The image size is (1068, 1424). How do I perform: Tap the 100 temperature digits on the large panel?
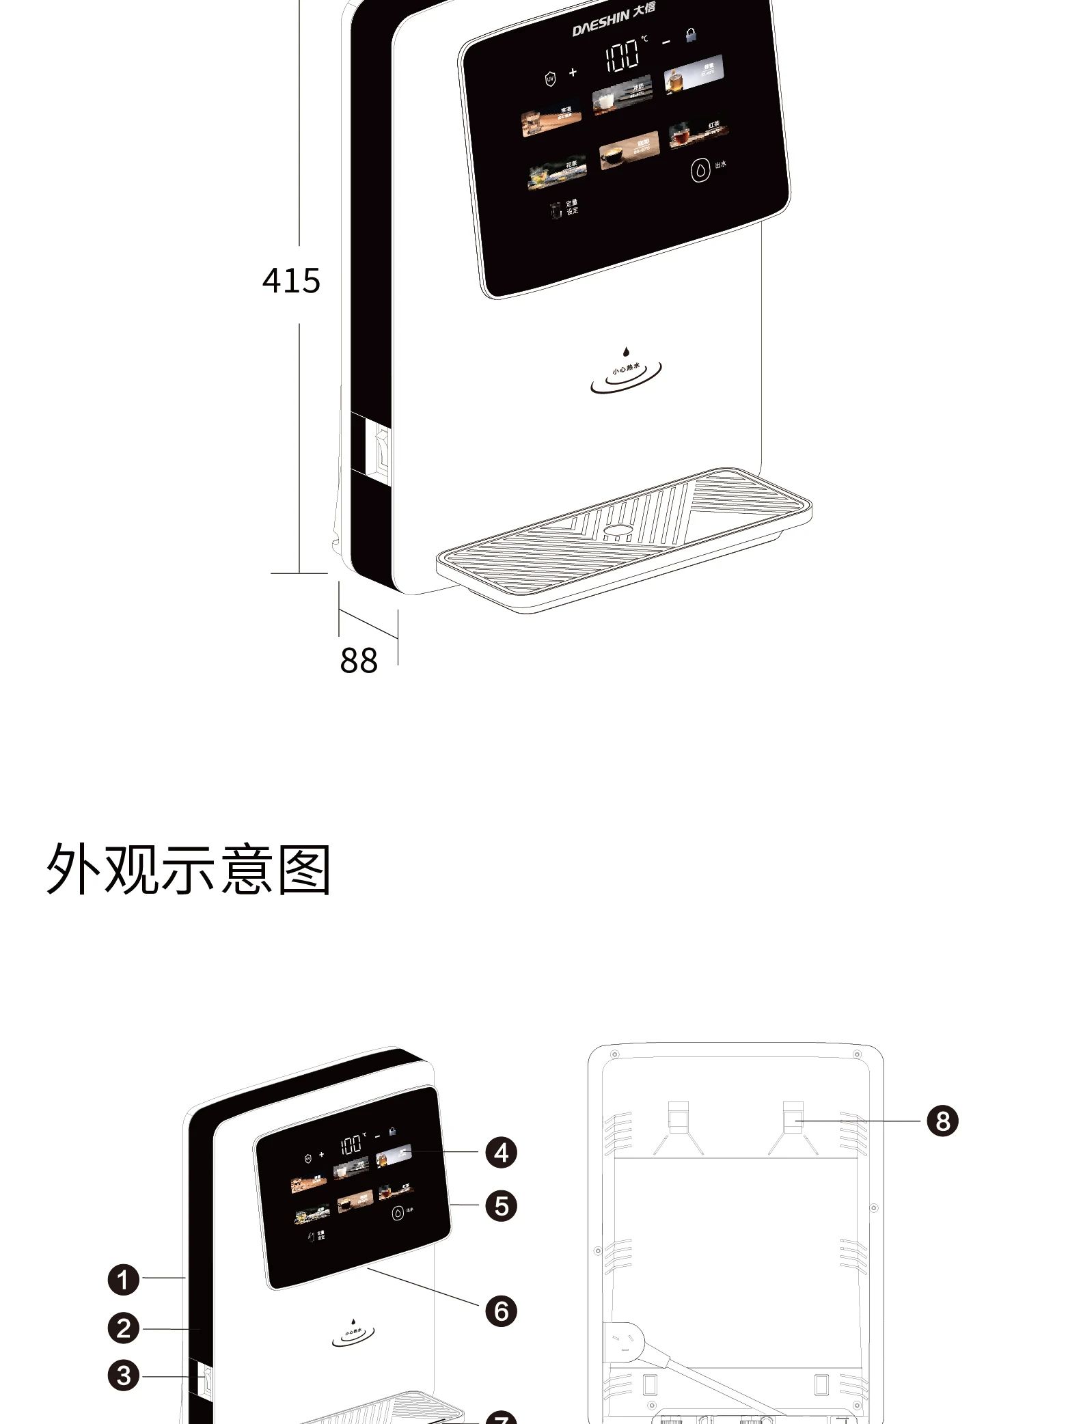click(622, 55)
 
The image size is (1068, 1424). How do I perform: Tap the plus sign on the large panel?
click(573, 72)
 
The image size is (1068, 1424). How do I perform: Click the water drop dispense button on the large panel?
click(700, 170)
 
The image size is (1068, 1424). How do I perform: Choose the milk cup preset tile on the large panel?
click(622, 96)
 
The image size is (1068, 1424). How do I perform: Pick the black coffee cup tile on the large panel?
click(629, 151)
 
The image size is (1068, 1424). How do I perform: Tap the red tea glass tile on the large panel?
click(698, 133)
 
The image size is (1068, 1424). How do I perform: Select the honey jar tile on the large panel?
click(693, 72)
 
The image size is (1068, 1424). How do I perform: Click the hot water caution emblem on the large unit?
click(626, 372)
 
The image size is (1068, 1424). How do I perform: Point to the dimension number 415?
click(291, 281)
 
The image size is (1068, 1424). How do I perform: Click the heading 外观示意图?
click(189, 869)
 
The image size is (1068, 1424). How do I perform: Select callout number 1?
click(124, 1279)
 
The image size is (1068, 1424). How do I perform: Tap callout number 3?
click(124, 1375)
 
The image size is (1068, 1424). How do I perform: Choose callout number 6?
click(501, 1311)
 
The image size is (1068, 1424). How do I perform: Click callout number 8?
click(942, 1121)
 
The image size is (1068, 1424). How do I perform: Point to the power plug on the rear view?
click(623, 1342)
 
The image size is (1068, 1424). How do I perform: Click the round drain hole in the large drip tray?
click(618, 530)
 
